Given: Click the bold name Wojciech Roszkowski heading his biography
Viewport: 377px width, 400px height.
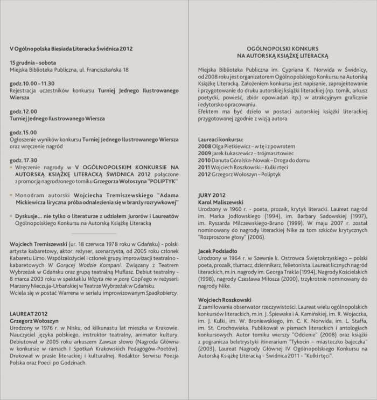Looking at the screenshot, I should (225, 299).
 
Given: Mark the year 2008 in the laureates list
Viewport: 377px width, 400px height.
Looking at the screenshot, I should (205, 146).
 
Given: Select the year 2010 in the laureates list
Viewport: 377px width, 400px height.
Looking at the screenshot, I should (205, 160).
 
